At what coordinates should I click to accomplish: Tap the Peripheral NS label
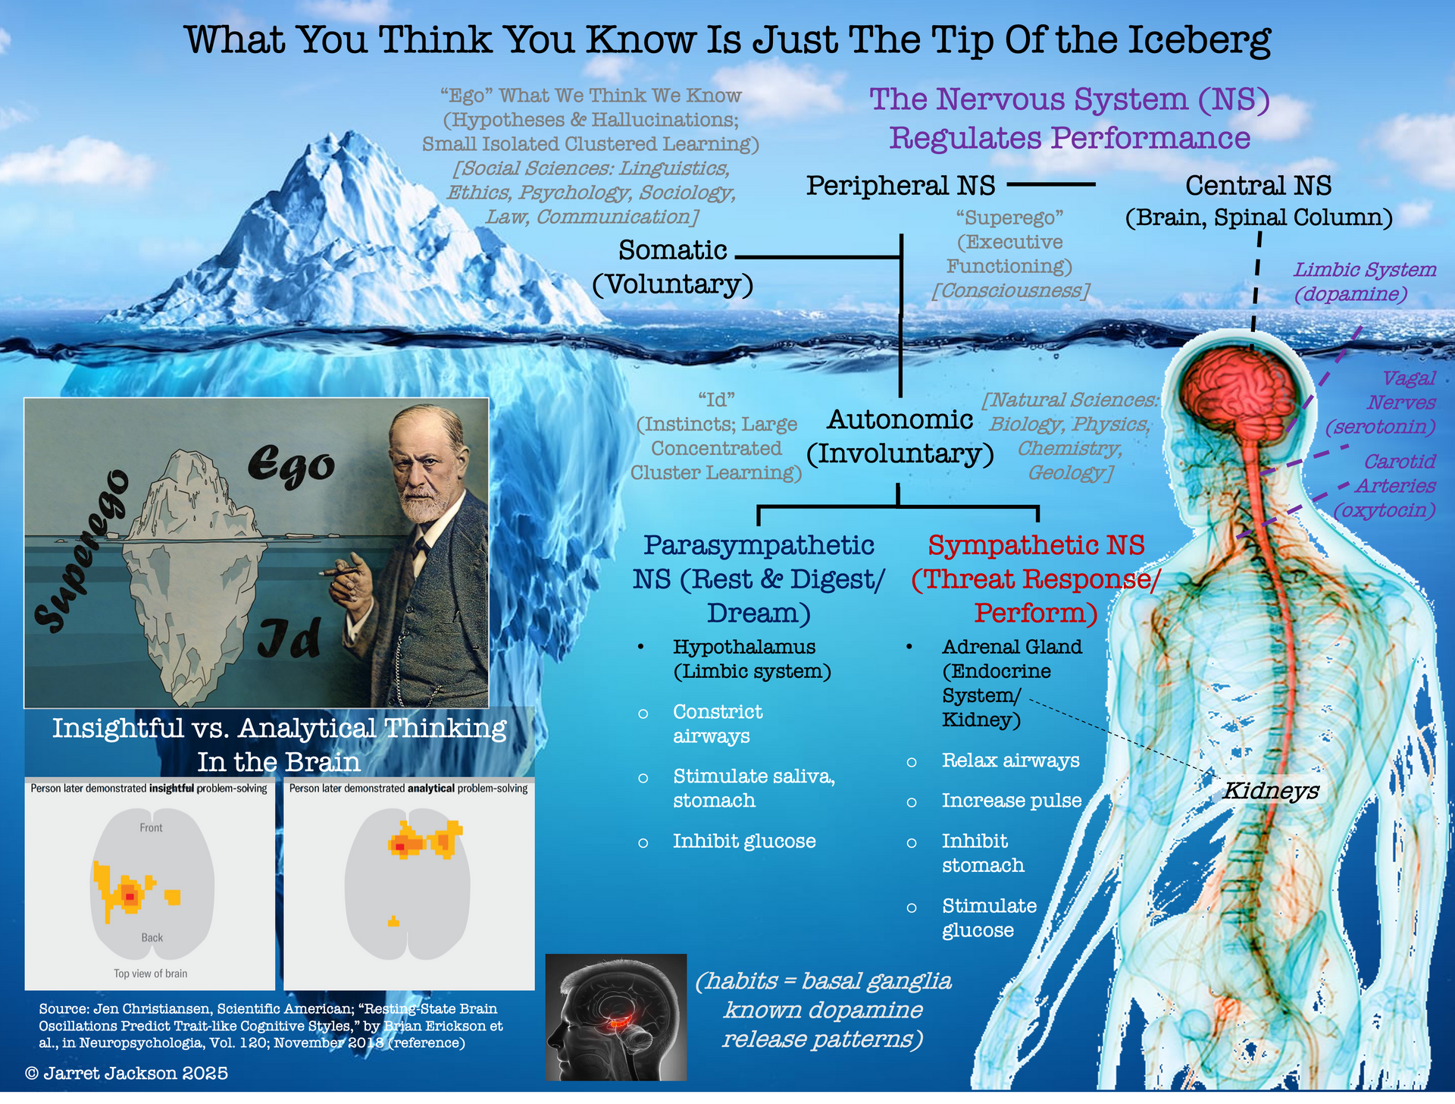[900, 185]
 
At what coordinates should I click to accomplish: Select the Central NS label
[1259, 185]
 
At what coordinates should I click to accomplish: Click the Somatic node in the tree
[673, 250]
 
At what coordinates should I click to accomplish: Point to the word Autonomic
[900, 419]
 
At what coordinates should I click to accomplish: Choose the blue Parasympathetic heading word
[759, 545]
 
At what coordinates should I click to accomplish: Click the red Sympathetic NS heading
[1037, 545]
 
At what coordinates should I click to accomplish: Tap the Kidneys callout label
[1272, 791]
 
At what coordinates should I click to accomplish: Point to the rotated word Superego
[81, 551]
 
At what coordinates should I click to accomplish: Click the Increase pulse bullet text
[1012, 801]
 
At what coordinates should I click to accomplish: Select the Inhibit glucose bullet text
[744, 842]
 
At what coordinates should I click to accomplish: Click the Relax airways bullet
[1011, 761]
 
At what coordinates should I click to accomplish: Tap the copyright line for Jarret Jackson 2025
[127, 1074]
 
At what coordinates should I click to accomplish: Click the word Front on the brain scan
[151, 828]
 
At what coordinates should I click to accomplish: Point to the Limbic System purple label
[1364, 270]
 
